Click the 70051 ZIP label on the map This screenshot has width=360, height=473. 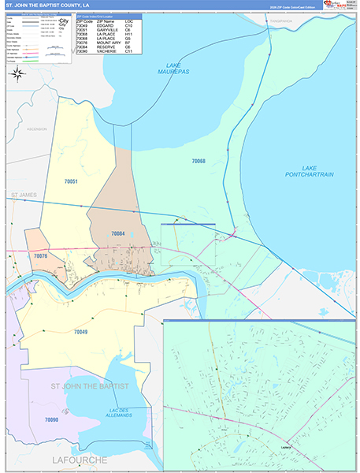coord(71,181)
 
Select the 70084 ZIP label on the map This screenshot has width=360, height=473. coord(118,233)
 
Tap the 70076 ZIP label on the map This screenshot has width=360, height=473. coord(41,256)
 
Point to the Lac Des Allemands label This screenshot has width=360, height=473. coord(119,411)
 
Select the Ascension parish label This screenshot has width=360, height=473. coord(35,128)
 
